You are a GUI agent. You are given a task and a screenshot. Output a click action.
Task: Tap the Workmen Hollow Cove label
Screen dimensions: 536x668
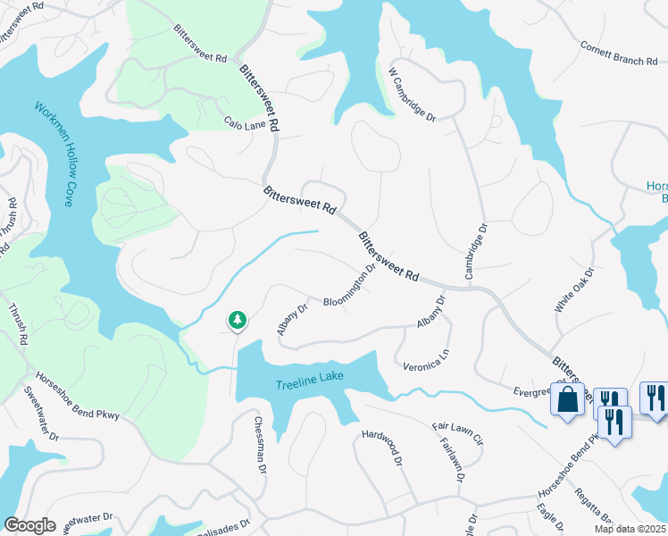(54, 155)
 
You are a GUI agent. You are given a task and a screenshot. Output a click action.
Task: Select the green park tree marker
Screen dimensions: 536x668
(237, 320)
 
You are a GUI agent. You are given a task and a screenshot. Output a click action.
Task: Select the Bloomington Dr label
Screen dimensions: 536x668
(349, 288)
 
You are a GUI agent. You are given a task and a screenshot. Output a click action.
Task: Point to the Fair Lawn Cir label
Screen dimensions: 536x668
(457, 433)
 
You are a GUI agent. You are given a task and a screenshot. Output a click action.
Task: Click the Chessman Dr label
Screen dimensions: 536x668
(260, 444)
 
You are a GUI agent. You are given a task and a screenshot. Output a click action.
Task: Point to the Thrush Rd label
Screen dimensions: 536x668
(19, 325)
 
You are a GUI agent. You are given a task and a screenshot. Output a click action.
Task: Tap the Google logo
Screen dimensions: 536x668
(30, 525)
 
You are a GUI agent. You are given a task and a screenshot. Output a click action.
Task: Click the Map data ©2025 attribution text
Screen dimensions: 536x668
(630, 529)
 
